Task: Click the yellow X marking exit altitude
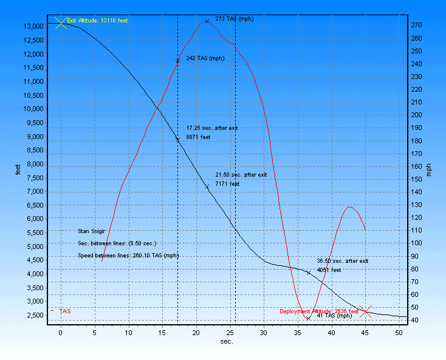(x=60, y=23)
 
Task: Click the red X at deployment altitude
(x=365, y=311)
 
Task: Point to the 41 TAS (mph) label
(x=334, y=315)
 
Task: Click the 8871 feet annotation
(x=198, y=137)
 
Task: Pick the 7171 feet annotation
(x=228, y=183)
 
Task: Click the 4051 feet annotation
(x=329, y=270)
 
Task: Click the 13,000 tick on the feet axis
(x=33, y=26)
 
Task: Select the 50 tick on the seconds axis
(x=399, y=332)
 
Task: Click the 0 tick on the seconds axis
(x=60, y=332)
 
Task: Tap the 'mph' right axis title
(x=429, y=170)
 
